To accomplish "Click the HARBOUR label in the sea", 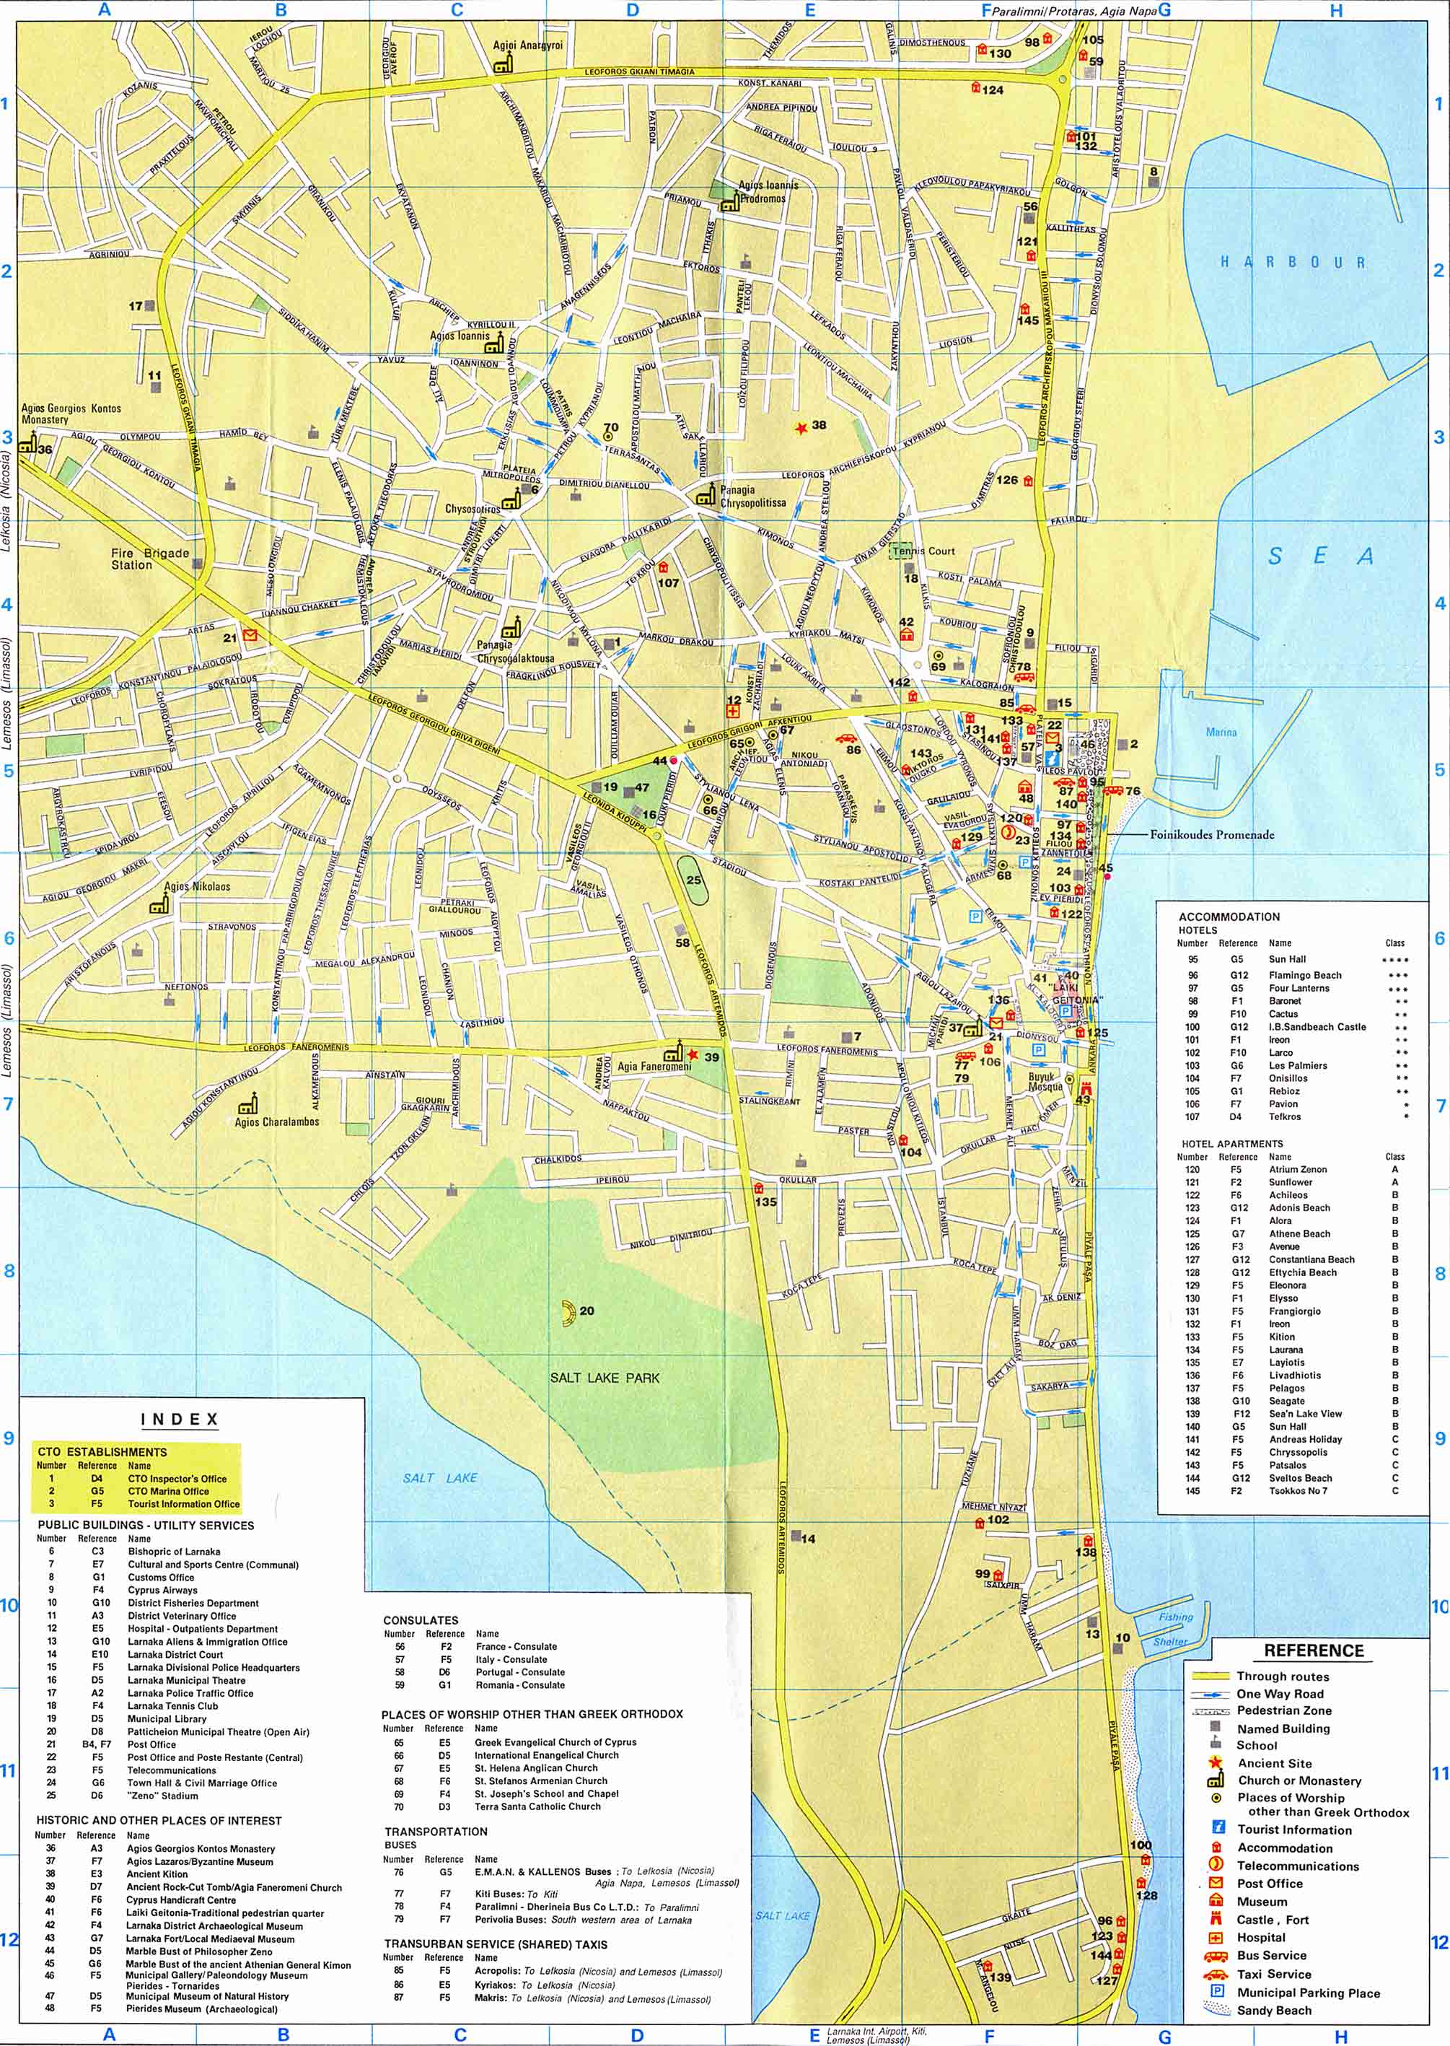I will (1292, 262).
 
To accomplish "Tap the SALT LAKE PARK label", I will (605, 1378).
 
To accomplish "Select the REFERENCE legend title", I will (1314, 1651).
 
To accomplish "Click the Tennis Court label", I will (929, 551).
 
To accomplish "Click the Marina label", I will (1221, 733).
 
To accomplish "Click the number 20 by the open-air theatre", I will (586, 1311).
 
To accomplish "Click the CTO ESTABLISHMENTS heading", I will (102, 1452).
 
